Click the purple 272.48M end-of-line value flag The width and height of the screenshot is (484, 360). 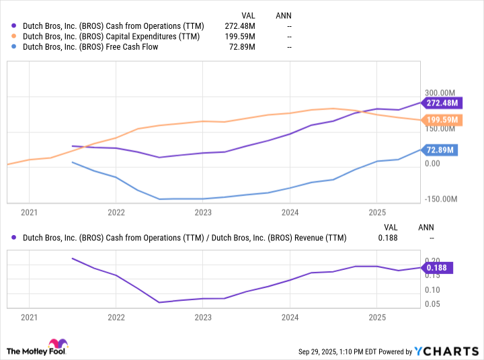pyautogui.click(x=442, y=103)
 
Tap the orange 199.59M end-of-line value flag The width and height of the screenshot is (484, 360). pyautogui.click(x=442, y=120)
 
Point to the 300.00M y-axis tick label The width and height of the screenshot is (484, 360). pyautogui.click(x=440, y=93)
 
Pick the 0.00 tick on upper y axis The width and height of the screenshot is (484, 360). pyautogui.click(x=434, y=163)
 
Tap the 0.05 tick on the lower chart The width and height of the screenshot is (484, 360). pyautogui.click(x=434, y=304)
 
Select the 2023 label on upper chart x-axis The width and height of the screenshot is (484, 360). pyautogui.click(x=203, y=213)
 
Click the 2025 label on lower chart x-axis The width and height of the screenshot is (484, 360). pyautogui.click(x=376, y=317)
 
